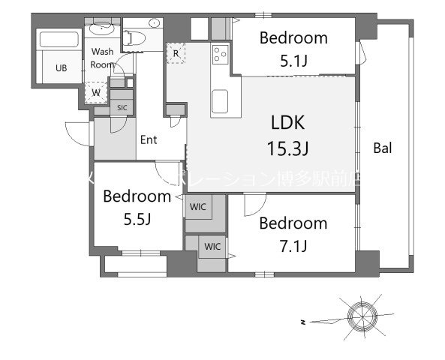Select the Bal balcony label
tap(383, 148)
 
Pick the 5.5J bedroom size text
tap(137, 219)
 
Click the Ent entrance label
tap(148, 139)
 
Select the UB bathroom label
tap(60, 68)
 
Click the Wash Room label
tap(103, 58)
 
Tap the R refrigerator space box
tap(176, 53)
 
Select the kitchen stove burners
tap(220, 54)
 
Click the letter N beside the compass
tap(302, 322)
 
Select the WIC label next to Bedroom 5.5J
tap(198, 205)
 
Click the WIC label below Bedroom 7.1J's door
tap(212, 245)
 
